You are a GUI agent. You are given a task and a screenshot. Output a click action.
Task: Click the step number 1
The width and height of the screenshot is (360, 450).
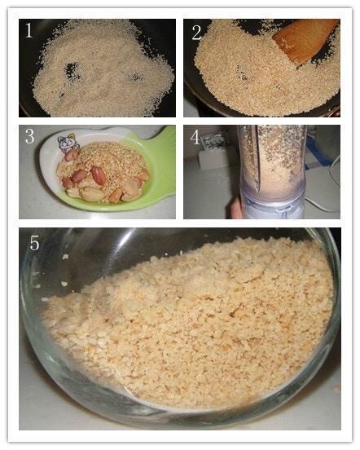(29, 30)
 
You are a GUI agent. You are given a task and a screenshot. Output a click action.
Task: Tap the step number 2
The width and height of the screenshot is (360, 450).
(196, 33)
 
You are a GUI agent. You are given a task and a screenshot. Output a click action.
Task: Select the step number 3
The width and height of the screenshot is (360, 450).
(29, 136)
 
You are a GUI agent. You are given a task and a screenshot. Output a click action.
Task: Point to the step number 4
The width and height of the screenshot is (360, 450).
(195, 137)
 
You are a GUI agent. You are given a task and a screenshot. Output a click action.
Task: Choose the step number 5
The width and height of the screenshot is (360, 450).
(35, 244)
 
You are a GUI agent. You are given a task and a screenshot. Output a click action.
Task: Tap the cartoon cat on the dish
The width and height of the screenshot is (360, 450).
(66, 143)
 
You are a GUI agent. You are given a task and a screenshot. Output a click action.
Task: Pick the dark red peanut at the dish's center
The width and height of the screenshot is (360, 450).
(99, 174)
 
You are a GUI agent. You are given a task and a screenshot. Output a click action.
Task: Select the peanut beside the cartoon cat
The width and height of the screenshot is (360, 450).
(72, 155)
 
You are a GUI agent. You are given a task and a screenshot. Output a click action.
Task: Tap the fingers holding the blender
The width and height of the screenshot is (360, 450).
(237, 209)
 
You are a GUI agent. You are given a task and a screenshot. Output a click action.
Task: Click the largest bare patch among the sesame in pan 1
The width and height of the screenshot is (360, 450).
(71, 70)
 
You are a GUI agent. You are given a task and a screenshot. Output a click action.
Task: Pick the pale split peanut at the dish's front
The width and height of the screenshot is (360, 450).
(92, 194)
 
